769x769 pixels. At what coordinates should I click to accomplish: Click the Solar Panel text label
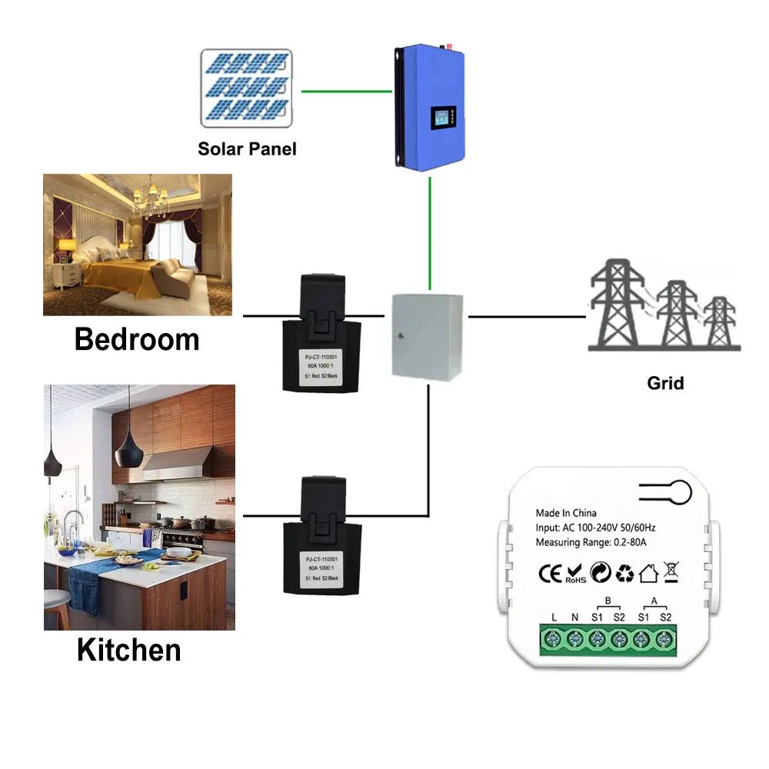click(x=247, y=148)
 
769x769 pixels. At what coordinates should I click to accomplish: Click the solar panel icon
click(x=247, y=88)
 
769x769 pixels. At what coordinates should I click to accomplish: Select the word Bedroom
click(x=137, y=339)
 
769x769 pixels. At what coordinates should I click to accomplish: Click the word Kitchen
click(x=128, y=650)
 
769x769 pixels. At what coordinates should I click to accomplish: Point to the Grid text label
click(x=665, y=382)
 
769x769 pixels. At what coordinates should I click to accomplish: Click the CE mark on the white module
click(x=550, y=573)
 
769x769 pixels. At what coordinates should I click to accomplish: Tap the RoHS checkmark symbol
click(x=575, y=574)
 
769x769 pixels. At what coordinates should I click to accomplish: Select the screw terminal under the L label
click(x=554, y=639)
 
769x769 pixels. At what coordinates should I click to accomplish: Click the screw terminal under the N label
click(x=575, y=639)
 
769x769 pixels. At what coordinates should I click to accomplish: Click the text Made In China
click(x=566, y=513)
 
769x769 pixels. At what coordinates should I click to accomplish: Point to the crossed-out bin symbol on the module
click(x=670, y=573)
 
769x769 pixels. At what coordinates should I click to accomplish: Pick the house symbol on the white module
click(x=647, y=573)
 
